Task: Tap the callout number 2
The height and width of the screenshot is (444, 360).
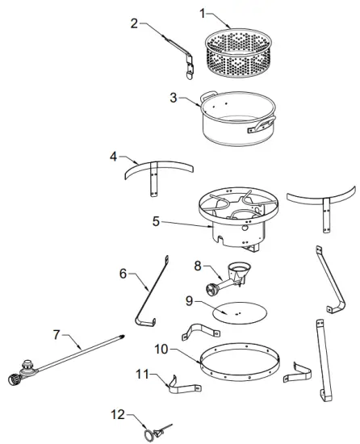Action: [x=136, y=23]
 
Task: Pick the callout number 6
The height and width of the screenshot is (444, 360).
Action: [x=123, y=274]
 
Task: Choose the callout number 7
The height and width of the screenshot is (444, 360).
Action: [x=57, y=333]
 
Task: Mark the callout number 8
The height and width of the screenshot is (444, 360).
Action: [x=198, y=265]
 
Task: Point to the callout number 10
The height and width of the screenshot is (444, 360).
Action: [x=161, y=349]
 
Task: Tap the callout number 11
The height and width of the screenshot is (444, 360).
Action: [x=142, y=374]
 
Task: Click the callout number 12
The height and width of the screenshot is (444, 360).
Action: [x=118, y=414]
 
